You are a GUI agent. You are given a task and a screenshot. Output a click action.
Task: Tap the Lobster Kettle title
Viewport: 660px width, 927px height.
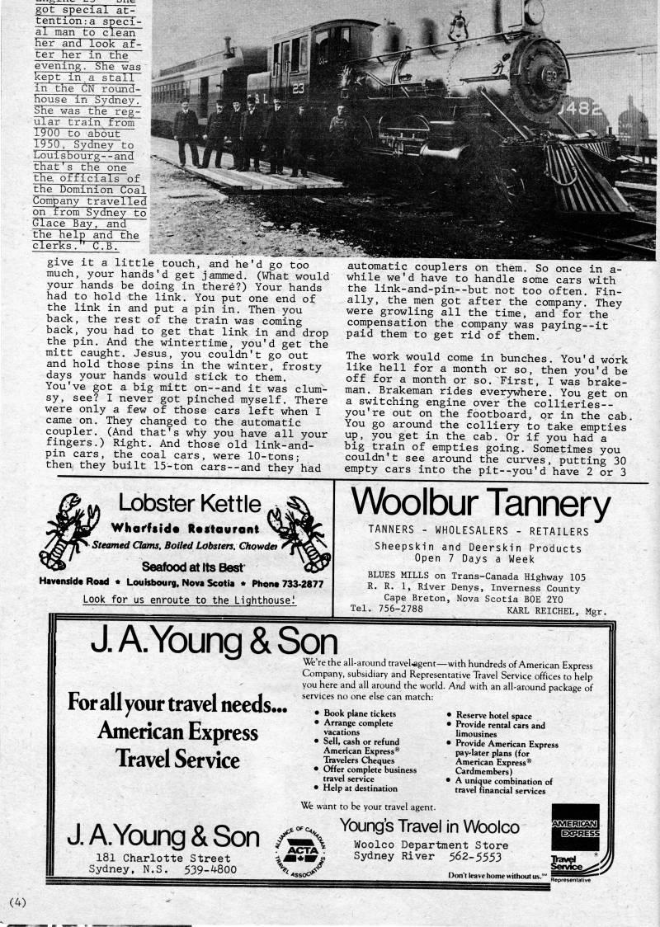[x=190, y=503]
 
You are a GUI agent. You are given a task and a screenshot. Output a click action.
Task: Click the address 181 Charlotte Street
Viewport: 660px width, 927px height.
[x=163, y=858]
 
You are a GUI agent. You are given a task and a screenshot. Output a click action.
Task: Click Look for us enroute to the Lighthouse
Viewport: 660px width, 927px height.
[x=189, y=600]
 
